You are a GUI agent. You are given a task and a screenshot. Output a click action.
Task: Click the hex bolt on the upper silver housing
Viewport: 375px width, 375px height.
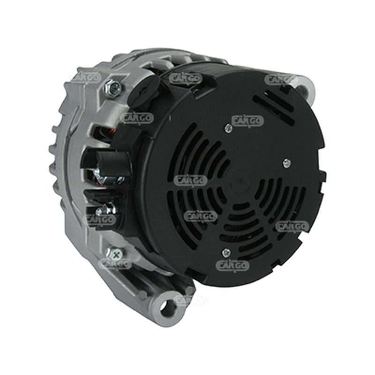point(113,88)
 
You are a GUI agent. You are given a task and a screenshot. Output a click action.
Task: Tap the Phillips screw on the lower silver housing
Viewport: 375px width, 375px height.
point(115,255)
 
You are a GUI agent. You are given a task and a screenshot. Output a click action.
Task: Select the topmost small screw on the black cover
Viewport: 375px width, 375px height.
point(228,128)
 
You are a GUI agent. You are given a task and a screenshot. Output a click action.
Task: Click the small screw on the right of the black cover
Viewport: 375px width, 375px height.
point(287,164)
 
